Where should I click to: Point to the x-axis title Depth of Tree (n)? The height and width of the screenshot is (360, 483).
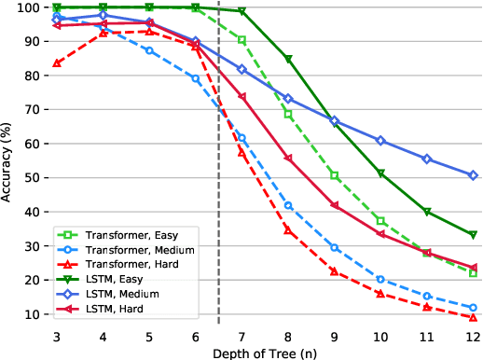click(265, 352)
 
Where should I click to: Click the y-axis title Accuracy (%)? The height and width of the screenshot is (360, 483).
click(8, 164)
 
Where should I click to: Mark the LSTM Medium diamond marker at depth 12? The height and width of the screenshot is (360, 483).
click(473, 175)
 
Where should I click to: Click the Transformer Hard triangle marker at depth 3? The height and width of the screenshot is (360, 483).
click(58, 63)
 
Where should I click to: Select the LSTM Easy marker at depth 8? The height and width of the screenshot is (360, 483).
click(288, 59)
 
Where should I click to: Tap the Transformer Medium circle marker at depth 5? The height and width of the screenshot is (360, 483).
click(150, 50)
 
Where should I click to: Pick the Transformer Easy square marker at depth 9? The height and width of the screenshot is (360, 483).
click(334, 175)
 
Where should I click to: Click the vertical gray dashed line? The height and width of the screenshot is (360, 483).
click(219, 187)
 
